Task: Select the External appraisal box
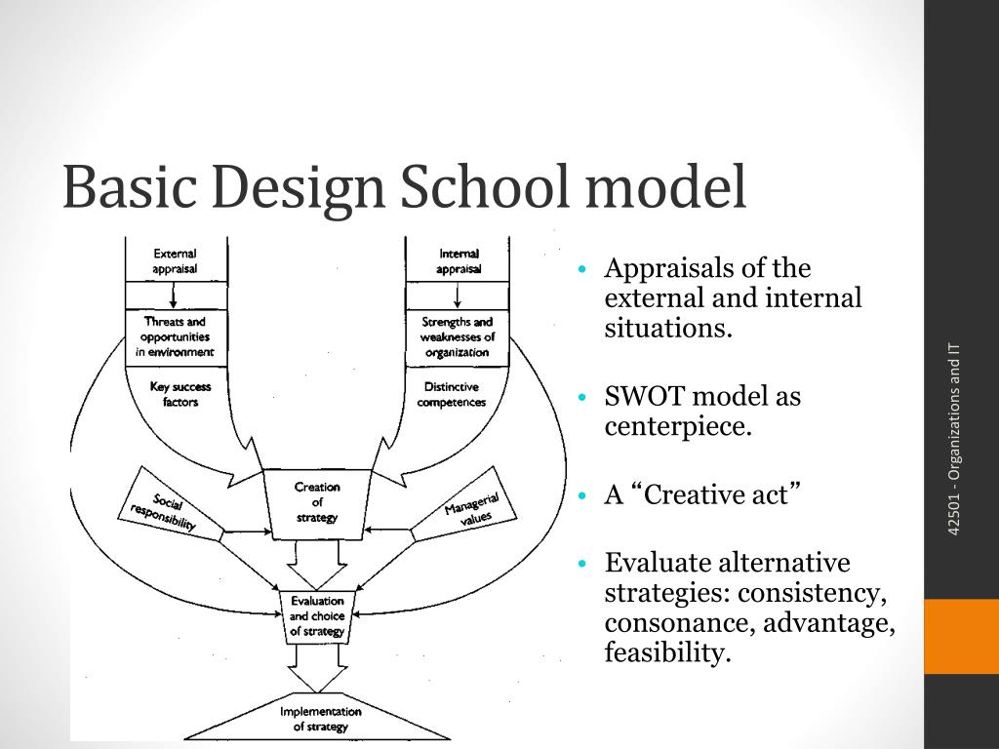click(175, 259)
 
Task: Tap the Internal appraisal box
click(459, 260)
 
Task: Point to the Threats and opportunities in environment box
click(175, 336)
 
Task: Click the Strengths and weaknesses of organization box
click(458, 336)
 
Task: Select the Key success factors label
click(180, 394)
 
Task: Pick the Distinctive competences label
click(452, 394)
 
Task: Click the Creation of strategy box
click(317, 501)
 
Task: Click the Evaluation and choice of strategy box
click(317, 616)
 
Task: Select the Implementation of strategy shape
click(320, 720)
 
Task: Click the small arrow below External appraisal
click(175, 296)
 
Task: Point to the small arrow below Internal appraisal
click(458, 296)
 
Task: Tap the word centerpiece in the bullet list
click(678, 426)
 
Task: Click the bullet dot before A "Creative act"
click(582, 495)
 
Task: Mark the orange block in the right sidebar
click(961, 636)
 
